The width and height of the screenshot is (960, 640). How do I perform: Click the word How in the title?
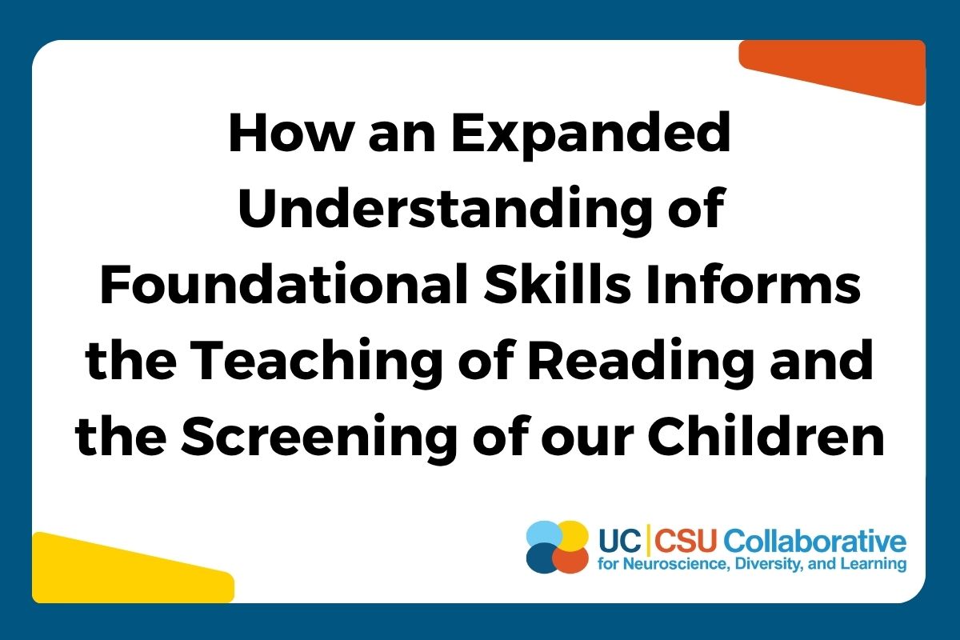pos(291,133)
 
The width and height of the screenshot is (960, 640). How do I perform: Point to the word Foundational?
pos(283,283)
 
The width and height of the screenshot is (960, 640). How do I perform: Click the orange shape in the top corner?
pos(832,70)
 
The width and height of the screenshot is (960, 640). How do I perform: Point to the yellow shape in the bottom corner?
pos(133,567)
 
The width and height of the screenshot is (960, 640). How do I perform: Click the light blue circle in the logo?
pos(543,534)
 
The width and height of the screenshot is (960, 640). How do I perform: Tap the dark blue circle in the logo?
pos(542,558)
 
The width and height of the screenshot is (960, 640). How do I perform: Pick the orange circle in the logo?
pos(570,559)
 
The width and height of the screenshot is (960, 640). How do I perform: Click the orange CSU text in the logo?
pos(686,541)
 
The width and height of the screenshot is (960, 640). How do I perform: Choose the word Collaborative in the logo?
pos(814,541)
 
